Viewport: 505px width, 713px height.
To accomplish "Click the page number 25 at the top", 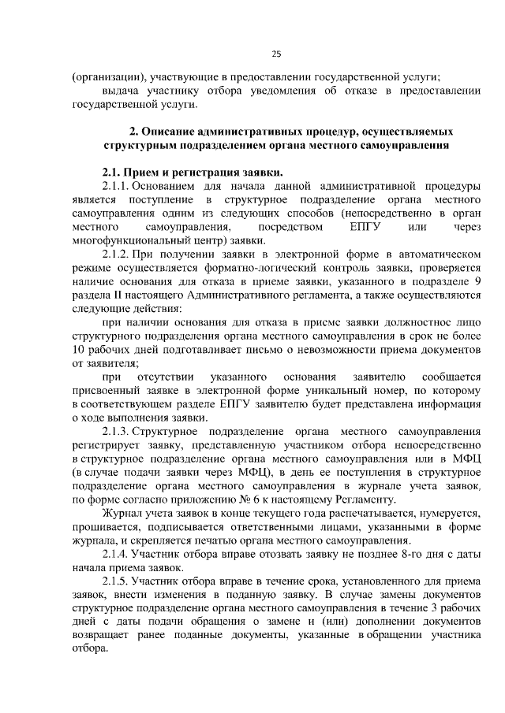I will [276, 54].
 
